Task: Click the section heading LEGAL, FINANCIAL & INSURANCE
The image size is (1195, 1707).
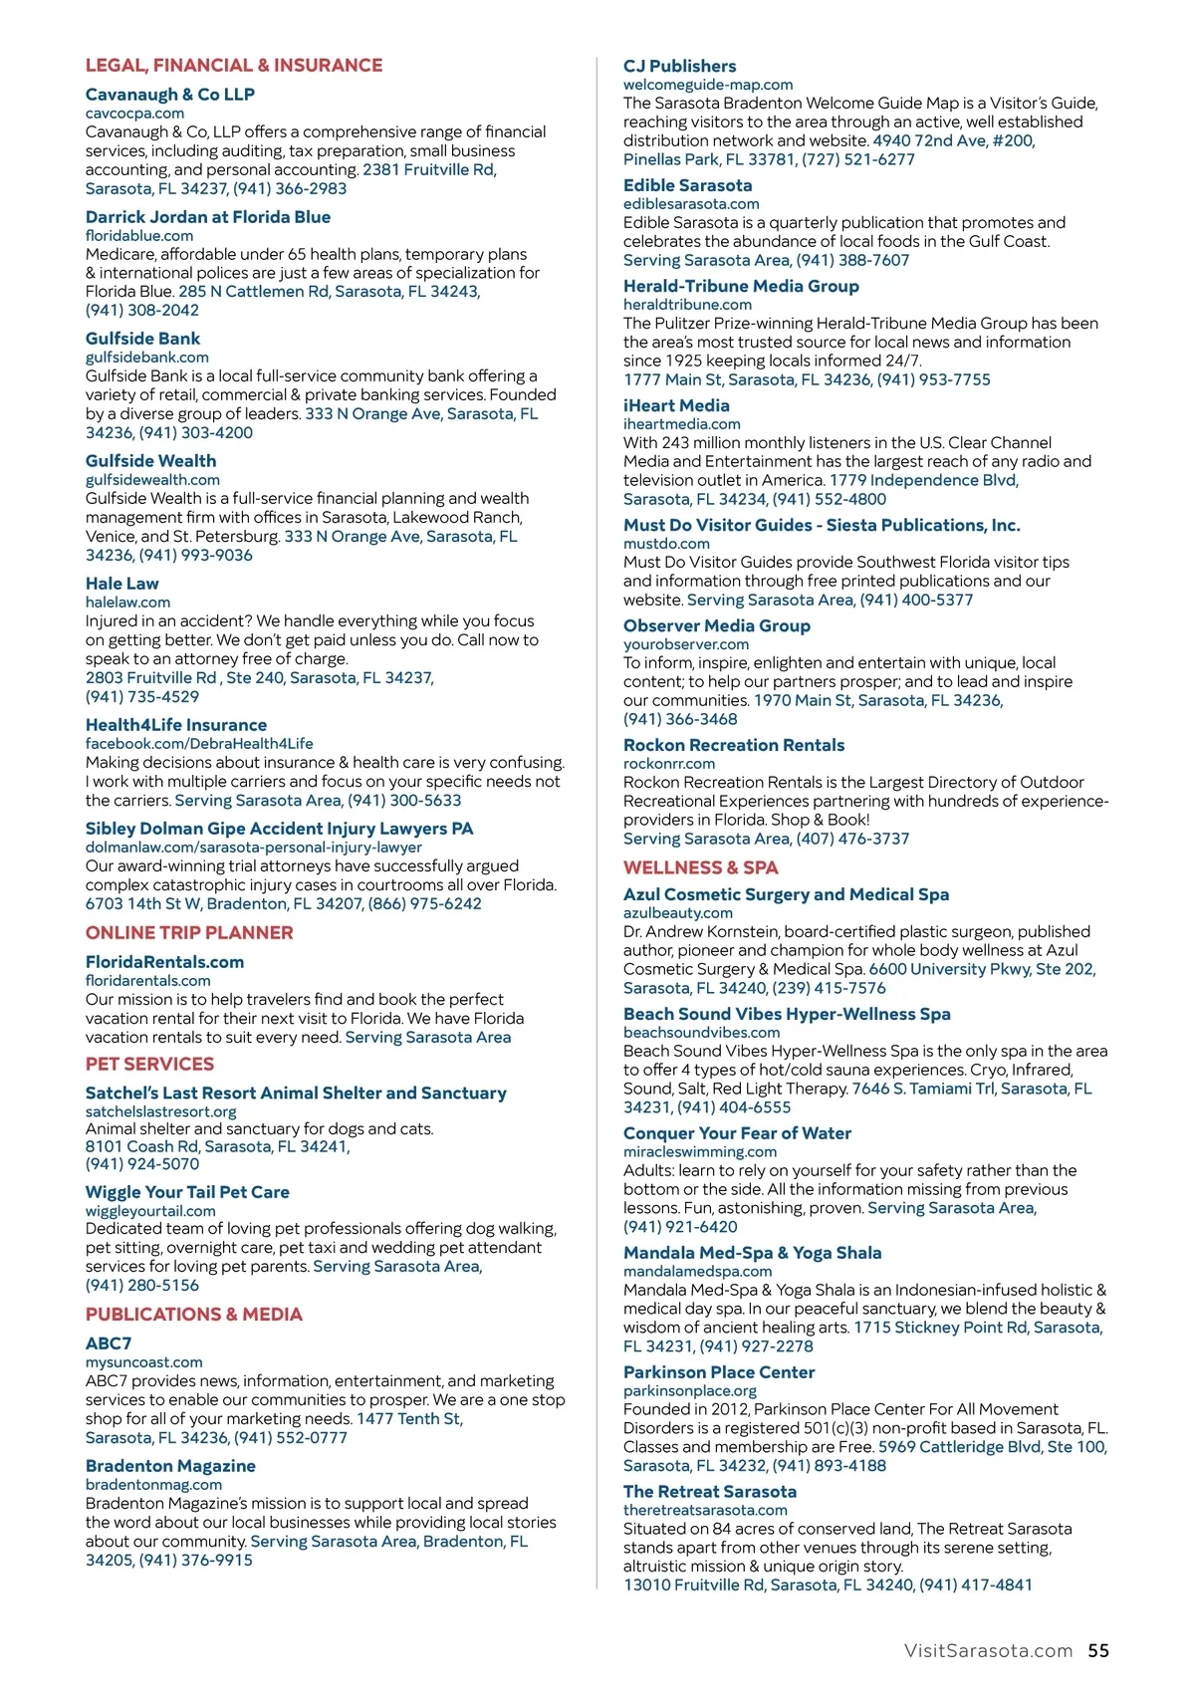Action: tap(233, 66)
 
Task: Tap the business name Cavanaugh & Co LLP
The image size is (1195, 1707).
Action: tap(169, 95)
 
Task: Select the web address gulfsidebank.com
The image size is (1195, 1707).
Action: tap(146, 358)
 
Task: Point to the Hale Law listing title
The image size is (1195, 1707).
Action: tap(121, 584)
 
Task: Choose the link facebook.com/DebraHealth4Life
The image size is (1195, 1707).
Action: tap(199, 744)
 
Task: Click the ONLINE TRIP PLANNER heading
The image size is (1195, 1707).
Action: tap(189, 933)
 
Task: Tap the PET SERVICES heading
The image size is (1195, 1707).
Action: tap(149, 1064)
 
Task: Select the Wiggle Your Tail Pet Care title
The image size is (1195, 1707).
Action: tap(187, 1192)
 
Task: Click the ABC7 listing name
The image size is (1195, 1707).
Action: tap(108, 1343)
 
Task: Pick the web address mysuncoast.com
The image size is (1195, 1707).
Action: tap(143, 1362)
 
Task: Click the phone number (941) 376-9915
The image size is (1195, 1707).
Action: tap(195, 1560)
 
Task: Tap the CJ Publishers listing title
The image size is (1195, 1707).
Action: tap(679, 66)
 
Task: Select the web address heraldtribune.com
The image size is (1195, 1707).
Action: tap(687, 305)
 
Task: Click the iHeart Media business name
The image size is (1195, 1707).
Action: tap(676, 405)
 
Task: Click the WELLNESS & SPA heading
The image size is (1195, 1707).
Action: tap(700, 867)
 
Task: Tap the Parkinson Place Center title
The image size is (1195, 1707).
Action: tap(718, 1372)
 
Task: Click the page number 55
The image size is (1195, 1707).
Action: tap(1097, 1650)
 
